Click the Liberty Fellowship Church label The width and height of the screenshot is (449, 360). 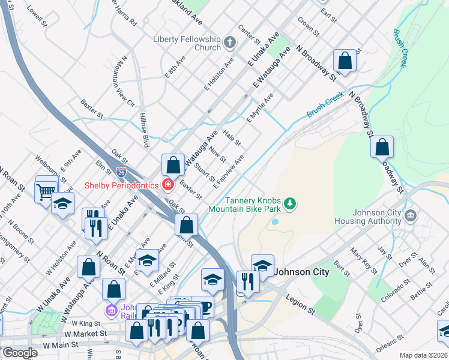point(187,43)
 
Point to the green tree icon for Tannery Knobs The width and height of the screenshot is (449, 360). point(290,205)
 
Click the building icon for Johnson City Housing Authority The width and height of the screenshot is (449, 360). point(411,215)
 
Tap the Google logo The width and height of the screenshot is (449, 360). point(20,353)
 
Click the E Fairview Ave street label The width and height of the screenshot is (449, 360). point(228,172)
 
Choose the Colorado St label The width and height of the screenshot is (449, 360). point(399,284)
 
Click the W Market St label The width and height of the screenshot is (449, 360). point(84,333)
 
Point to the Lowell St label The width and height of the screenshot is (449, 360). point(37,16)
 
